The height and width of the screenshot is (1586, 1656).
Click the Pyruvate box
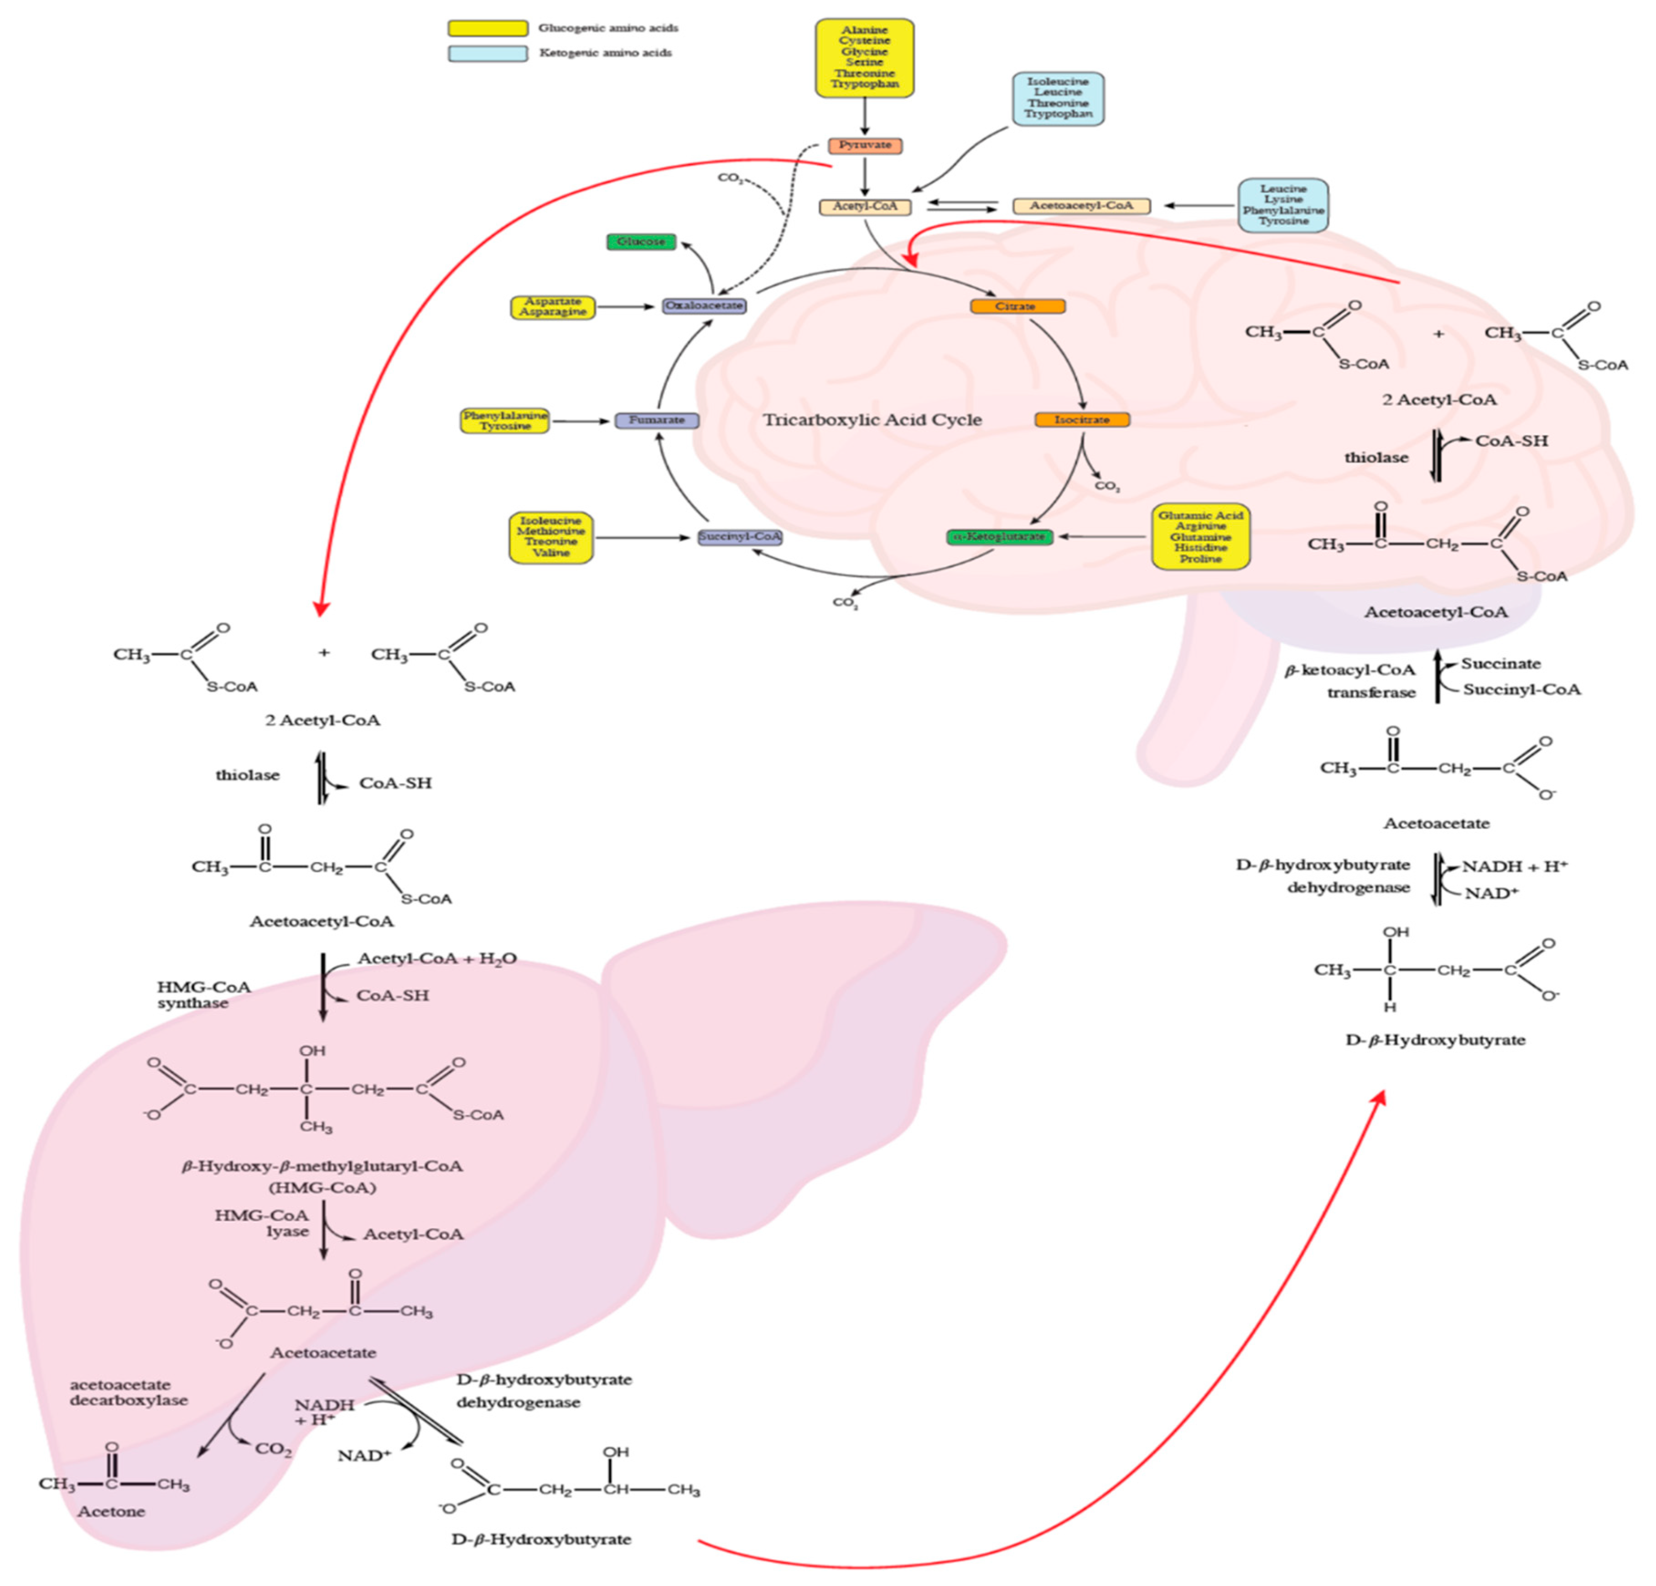864,145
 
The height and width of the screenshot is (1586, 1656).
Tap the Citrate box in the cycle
1017,306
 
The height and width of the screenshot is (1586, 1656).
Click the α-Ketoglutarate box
1000,537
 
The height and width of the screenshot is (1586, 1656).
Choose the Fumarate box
656,420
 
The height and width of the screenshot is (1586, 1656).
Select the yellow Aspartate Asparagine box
553,307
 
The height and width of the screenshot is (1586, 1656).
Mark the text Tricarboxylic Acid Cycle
872,420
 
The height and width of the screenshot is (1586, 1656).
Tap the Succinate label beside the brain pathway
1501,663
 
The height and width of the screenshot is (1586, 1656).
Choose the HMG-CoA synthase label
203,995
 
